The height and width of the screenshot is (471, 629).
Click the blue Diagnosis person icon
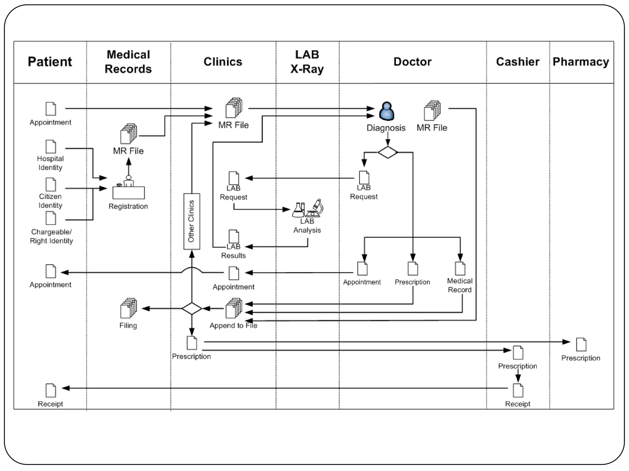click(386, 111)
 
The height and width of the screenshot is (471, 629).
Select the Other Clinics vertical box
click(192, 221)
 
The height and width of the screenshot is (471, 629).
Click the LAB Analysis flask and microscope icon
click(307, 209)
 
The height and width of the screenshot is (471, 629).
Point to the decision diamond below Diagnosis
click(388, 152)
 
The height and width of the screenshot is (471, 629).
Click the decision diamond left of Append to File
click(192, 308)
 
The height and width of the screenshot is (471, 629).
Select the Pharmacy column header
click(580, 62)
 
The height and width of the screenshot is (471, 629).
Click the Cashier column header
click(518, 62)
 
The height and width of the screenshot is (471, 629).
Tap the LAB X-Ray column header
click(307, 62)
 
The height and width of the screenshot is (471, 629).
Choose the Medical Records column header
click(128, 62)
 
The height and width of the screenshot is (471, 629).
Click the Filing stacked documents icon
click(128, 308)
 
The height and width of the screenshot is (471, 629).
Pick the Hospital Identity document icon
click(51, 147)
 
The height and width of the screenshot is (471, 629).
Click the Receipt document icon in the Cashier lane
click(518, 390)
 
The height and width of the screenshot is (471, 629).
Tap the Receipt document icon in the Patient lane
click(51, 390)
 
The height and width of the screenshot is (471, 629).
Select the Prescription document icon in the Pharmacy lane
click(581, 344)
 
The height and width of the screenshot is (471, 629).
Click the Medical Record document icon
click(460, 268)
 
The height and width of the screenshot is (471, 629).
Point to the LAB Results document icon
click(234, 236)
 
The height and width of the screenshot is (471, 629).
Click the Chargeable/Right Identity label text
click(51, 236)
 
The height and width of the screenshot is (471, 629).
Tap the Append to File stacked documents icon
click(234, 308)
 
